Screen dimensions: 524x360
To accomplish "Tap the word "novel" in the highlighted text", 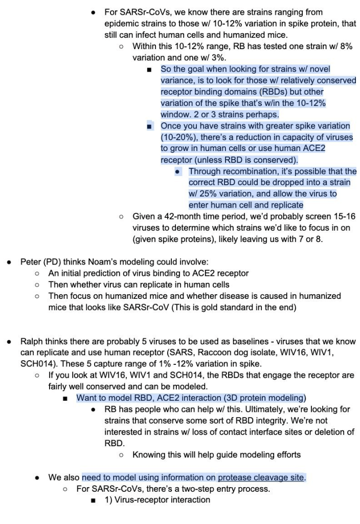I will pos(318,69).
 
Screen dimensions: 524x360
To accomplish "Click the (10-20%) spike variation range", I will pos(181,137).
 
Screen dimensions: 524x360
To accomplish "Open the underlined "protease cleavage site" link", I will pos(261,477).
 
